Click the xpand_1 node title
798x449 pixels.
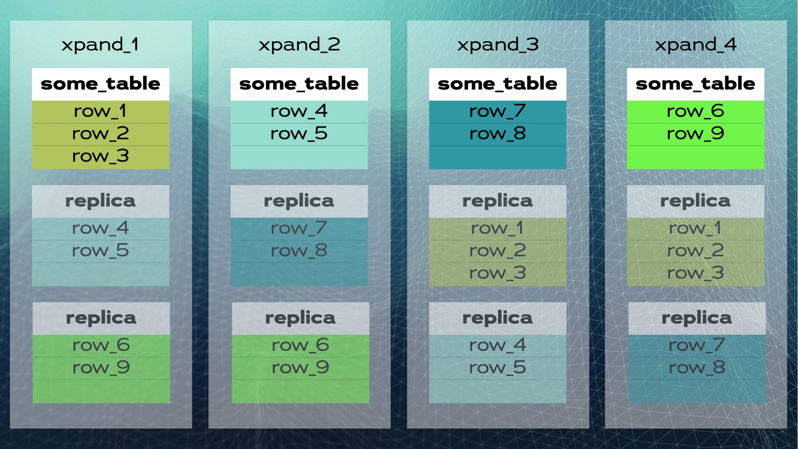[100, 45]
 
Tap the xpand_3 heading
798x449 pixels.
[498, 45]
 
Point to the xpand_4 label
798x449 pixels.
[695, 45]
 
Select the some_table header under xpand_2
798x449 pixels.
[299, 84]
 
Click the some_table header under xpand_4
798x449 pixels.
[695, 84]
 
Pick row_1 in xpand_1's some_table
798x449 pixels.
[100, 111]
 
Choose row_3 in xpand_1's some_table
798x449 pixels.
[100, 156]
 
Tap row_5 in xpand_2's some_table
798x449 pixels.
[299, 134]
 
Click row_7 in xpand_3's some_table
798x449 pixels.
[498, 111]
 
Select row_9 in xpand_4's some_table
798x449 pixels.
[695, 134]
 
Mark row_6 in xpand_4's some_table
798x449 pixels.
[695, 111]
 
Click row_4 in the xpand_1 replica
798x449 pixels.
[100, 228]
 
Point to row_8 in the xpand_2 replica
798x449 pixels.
[299, 251]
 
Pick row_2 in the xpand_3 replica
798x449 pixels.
[498, 251]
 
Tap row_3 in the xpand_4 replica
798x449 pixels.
[695, 273]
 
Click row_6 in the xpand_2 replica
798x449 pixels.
[300, 345]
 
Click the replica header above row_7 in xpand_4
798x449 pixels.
[697, 318]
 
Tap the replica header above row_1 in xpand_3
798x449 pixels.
[498, 201]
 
